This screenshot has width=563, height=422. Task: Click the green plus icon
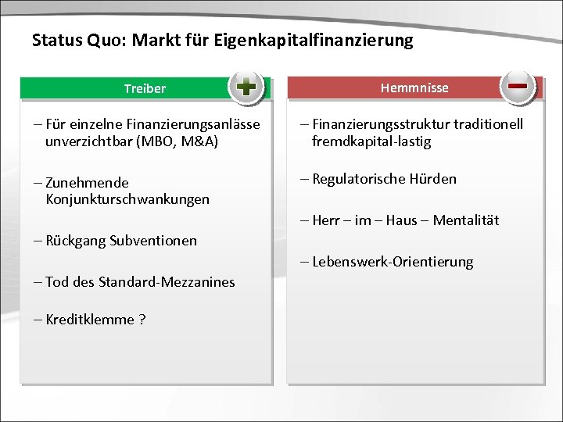click(246, 87)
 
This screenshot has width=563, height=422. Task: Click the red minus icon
click(517, 85)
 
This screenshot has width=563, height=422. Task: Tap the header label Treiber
click(145, 88)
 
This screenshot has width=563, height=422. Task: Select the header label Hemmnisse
click(414, 88)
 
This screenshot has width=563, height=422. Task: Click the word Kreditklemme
click(90, 320)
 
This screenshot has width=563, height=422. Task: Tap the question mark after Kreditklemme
click(142, 320)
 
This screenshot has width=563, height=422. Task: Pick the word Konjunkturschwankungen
click(127, 199)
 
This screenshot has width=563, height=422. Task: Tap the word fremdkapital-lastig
click(371, 141)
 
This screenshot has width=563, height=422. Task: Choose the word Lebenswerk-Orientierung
click(393, 262)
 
